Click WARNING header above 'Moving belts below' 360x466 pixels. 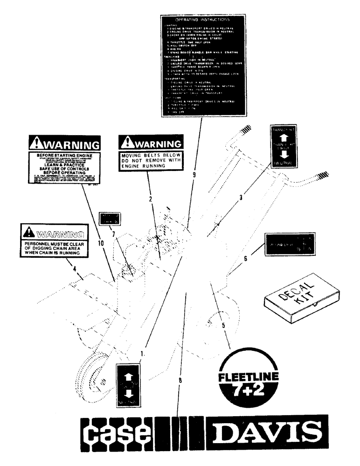(149, 142)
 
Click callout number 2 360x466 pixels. (151, 199)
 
